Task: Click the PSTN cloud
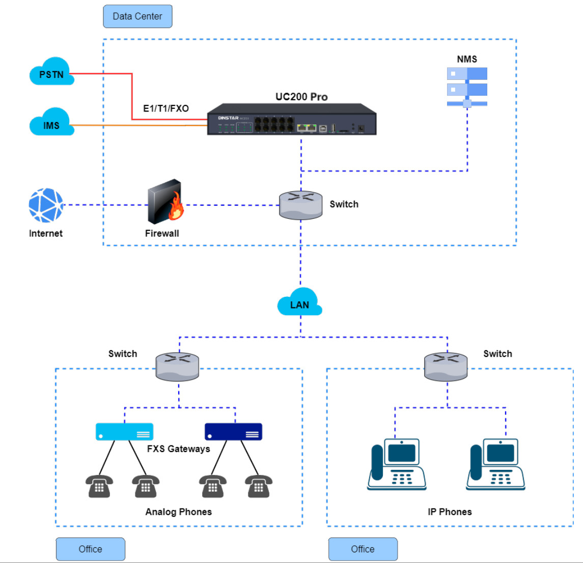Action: (x=52, y=72)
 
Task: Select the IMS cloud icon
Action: (x=51, y=123)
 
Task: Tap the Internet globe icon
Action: (x=46, y=206)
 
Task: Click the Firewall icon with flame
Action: (x=165, y=202)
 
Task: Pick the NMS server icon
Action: (x=467, y=87)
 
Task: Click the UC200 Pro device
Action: (x=292, y=120)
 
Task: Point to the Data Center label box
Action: (x=137, y=16)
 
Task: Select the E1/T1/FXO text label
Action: (x=166, y=108)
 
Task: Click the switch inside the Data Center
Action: (x=300, y=205)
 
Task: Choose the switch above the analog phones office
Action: (x=177, y=367)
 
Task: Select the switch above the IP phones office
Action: (x=446, y=367)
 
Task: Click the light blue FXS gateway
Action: (x=124, y=432)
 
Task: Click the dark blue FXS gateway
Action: (x=233, y=432)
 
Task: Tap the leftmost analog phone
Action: (x=99, y=486)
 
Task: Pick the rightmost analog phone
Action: (x=259, y=486)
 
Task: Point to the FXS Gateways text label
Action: (x=178, y=449)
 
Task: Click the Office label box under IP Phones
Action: (x=363, y=549)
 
